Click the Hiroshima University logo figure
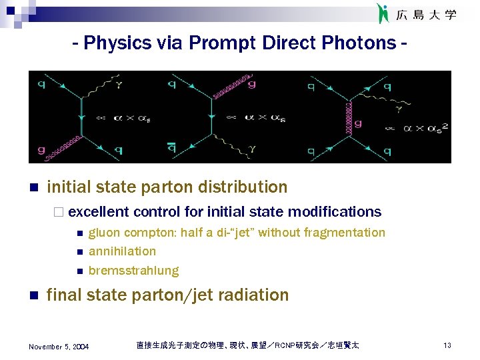(383, 13)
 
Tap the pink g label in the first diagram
(42, 150)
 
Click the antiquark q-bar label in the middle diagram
(172, 150)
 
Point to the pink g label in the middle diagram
(251, 84)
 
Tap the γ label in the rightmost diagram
(399, 107)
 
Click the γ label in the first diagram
(119, 85)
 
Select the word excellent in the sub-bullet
(99, 212)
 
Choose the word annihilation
(122, 251)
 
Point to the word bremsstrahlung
(133, 271)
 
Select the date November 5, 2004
(59, 346)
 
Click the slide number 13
(447, 345)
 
